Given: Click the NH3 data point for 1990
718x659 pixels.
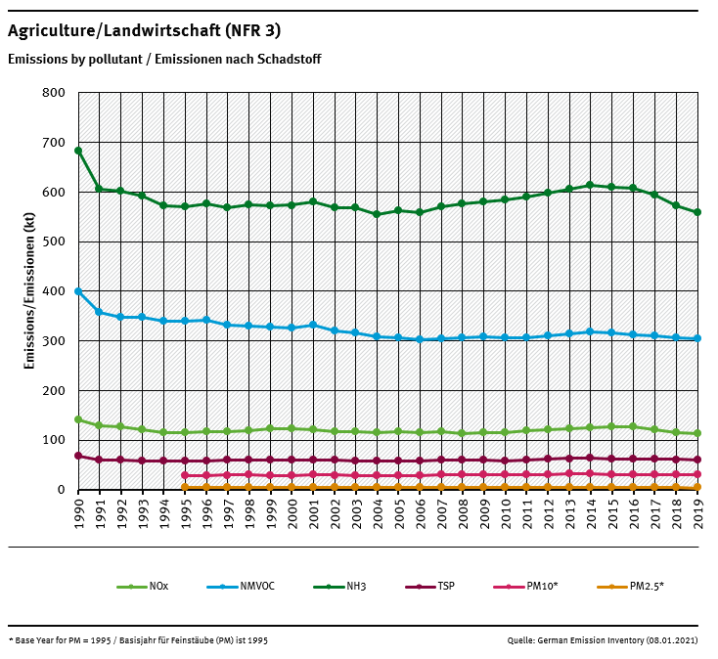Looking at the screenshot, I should pyautogui.click(x=78, y=151).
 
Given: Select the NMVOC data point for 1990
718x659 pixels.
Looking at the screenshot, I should pyautogui.click(x=78, y=291).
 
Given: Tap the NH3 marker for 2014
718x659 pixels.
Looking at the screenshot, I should pyautogui.click(x=590, y=185).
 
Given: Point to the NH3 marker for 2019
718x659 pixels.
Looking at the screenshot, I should pyautogui.click(x=696, y=212).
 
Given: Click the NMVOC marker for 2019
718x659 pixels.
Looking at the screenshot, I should pyautogui.click(x=696, y=338).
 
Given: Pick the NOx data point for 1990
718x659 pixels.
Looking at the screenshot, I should pyautogui.click(x=78, y=419).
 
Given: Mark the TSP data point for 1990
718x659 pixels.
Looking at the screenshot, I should pyautogui.click(x=78, y=456).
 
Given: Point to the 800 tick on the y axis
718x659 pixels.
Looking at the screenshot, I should pyautogui.click(x=54, y=93).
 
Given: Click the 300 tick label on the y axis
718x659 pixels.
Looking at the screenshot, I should pyautogui.click(x=54, y=341).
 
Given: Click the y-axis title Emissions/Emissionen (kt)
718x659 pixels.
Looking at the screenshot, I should pyautogui.click(x=29, y=291).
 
